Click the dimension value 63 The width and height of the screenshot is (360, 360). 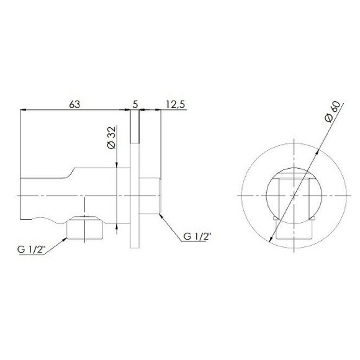pyautogui.click(x=74, y=105)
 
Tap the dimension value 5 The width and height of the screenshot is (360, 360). pyautogui.click(x=135, y=105)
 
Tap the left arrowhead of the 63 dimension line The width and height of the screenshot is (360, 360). pyautogui.click(x=24, y=112)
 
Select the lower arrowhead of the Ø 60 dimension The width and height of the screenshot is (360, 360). pyautogui.click(x=272, y=238)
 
